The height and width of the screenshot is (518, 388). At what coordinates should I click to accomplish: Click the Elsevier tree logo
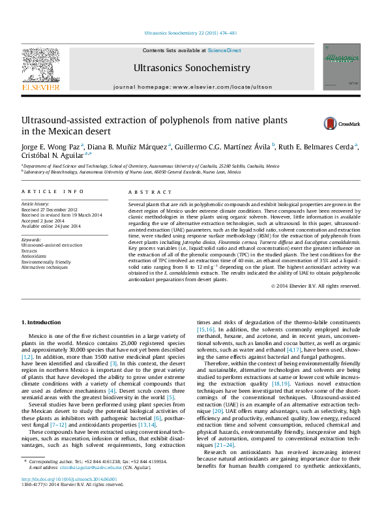[41, 65]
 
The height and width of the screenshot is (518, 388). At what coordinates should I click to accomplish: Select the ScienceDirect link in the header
[224, 50]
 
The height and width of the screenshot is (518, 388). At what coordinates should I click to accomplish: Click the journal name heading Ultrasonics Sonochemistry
[191, 68]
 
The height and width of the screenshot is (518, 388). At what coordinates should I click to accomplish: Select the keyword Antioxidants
[37, 255]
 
